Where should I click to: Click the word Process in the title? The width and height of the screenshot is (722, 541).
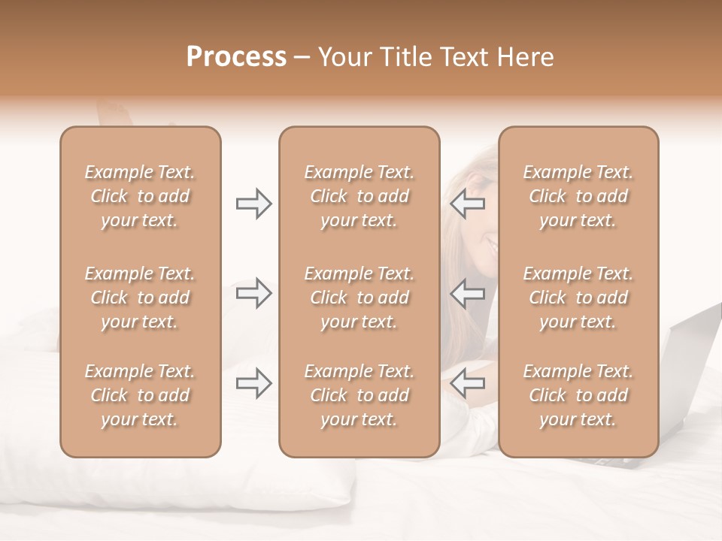click(236, 57)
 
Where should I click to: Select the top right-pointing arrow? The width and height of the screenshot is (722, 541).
click(253, 204)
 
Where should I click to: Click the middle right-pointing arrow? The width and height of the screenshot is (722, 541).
click(253, 293)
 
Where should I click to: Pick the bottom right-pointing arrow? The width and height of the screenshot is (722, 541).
click(253, 383)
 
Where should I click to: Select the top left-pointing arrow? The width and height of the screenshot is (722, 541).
click(468, 204)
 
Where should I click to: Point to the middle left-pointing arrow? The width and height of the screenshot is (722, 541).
click(468, 293)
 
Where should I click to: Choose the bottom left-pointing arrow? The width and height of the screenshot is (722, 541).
click(468, 383)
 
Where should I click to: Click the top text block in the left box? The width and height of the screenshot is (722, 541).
click(140, 196)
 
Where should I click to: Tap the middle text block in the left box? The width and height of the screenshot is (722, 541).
click(140, 298)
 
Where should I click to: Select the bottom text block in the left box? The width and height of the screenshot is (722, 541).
click(140, 395)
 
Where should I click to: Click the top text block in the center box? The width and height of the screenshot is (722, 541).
click(359, 196)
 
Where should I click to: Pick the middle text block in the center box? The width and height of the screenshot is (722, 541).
click(359, 298)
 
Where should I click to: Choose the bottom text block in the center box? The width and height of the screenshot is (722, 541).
click(359, 395)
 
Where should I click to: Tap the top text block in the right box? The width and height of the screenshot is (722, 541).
click(578, 196)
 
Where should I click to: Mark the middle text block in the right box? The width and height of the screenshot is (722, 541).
click(578, 298)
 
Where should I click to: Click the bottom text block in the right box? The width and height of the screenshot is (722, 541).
click(578, 395)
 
